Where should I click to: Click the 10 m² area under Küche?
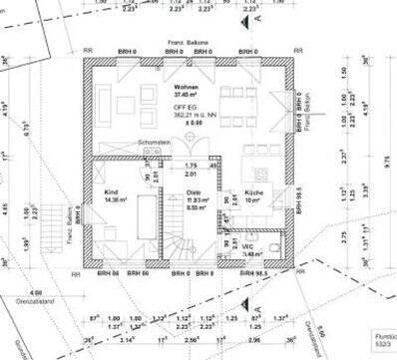pyautogui.click(x=253, y=200)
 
